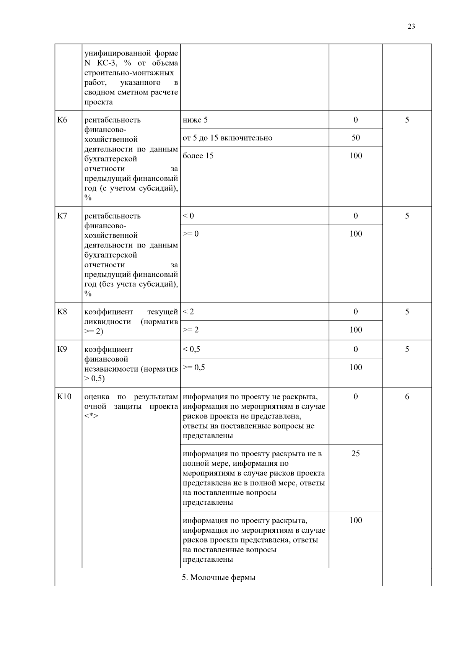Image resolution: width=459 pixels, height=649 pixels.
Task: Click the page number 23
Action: tap(411, 26)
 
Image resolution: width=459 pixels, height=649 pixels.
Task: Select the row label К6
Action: tap(62, 120)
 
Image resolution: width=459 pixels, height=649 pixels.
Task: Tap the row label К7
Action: tap(62, 216)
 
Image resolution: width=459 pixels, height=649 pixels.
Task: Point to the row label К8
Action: tap(62, 312)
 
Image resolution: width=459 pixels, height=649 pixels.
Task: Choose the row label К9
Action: tap(62, 350)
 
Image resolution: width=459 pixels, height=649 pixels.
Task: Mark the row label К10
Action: tap(64, 397)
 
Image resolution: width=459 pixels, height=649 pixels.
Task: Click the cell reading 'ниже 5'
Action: tap(195, 120)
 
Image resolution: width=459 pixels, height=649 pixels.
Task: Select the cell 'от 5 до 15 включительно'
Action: tap(228, 138)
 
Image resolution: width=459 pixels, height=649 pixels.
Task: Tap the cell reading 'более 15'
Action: tap(198, 156)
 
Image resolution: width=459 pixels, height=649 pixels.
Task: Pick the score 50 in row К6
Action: tap(356, 138)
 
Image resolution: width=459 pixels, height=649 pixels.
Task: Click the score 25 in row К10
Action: tap(356, 454)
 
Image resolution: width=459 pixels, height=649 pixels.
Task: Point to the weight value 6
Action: tap(407, 397)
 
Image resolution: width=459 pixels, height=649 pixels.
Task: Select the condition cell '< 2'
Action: tap(189, 312)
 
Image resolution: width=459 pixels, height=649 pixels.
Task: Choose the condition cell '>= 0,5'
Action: tap(194, 368)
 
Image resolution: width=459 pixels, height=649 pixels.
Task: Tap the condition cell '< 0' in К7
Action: tap(189, 216)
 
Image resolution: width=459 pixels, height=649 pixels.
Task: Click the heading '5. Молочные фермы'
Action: tap(218, 578)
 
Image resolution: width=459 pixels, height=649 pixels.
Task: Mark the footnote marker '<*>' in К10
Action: tap(91, 416)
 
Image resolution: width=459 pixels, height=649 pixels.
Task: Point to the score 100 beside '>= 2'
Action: tap(356, 330)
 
